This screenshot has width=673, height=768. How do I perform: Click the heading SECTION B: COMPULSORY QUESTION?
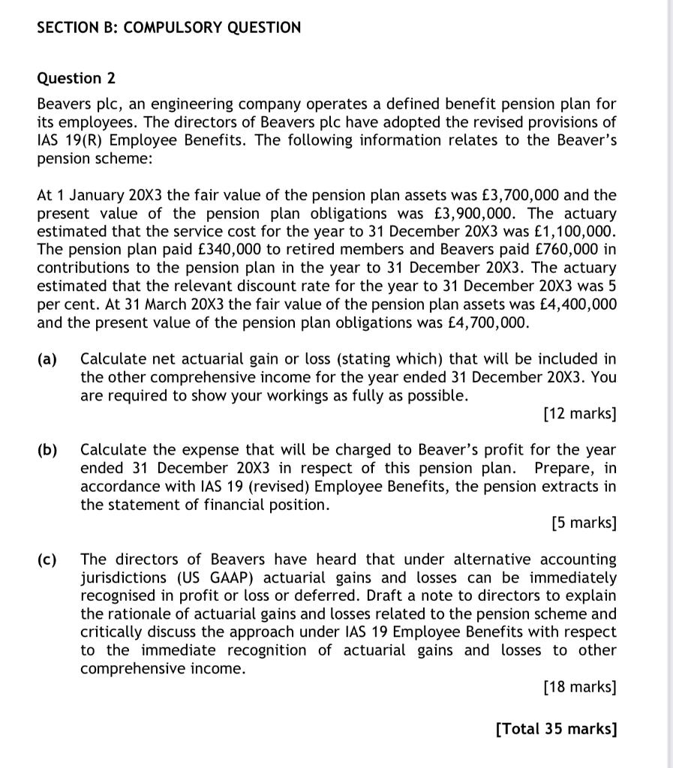169,28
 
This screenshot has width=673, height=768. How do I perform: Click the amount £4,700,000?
482,322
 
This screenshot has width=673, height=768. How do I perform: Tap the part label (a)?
48,359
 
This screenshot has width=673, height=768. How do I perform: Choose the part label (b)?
48,450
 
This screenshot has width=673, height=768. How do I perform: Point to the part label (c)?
48,559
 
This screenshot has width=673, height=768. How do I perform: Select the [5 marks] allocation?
583,523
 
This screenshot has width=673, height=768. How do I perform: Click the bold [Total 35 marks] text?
556,727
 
